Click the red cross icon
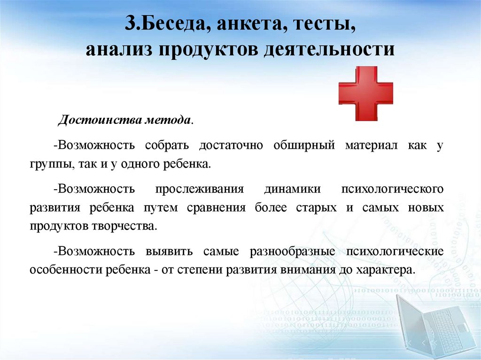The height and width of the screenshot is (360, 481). (365, 93)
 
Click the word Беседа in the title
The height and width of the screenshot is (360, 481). (171, 24)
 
